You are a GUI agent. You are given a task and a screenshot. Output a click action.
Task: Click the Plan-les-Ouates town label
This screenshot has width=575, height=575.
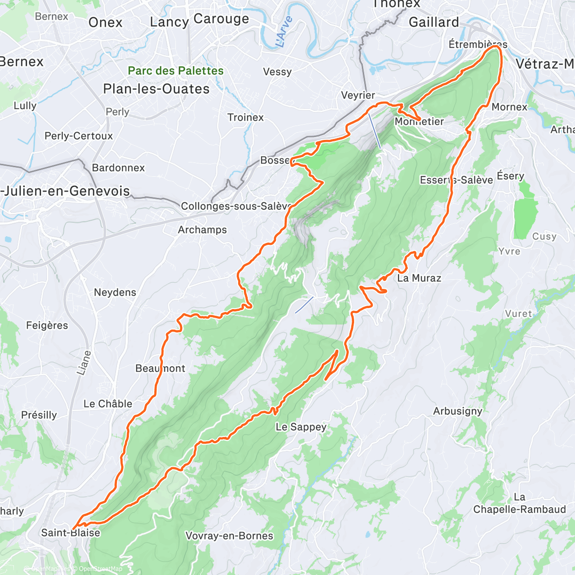[x=156, y=89]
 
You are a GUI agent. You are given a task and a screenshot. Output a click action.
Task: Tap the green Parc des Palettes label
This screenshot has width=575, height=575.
[x=175, y=71]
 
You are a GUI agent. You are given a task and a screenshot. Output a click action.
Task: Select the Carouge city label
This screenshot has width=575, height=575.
[x=221, y=19]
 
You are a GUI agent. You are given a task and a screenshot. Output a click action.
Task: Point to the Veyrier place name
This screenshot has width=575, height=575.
[x=358, y=95]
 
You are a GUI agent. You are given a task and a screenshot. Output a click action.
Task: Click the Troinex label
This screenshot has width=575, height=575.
[x=245, y=117]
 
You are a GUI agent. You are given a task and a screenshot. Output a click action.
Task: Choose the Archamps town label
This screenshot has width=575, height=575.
[x=202, y=230]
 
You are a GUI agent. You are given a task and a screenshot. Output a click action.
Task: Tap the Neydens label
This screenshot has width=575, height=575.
[x=115, y=292]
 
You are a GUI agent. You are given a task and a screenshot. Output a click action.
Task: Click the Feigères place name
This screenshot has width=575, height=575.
[x=47, y=326]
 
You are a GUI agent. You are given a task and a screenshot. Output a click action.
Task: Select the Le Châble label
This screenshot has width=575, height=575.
[x=108, y=404]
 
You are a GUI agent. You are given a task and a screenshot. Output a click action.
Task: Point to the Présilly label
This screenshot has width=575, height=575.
[x=39, y=415]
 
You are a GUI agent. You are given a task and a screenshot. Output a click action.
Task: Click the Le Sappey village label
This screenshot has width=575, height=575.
[x=301, y=427]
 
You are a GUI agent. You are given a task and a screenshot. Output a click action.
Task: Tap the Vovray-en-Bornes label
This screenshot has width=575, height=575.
[x=229, y=536]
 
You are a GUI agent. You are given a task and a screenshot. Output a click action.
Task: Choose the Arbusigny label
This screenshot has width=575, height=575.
[x=458, y=411]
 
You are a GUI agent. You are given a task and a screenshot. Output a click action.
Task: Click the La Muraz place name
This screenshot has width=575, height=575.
[x=419, y=278]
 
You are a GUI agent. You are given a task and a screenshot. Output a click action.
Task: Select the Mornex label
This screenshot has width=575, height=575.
[x=509, y=107]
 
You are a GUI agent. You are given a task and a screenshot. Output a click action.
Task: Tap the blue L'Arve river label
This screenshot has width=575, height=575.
[x=284, y=32]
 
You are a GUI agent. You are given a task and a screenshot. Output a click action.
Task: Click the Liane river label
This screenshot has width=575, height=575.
[x=84, y=363]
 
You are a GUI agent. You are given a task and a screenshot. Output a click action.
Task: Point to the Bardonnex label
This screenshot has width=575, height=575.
[x=118, y=168]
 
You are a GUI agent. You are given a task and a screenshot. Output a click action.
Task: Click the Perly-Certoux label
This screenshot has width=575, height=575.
[x=79, y=136]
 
